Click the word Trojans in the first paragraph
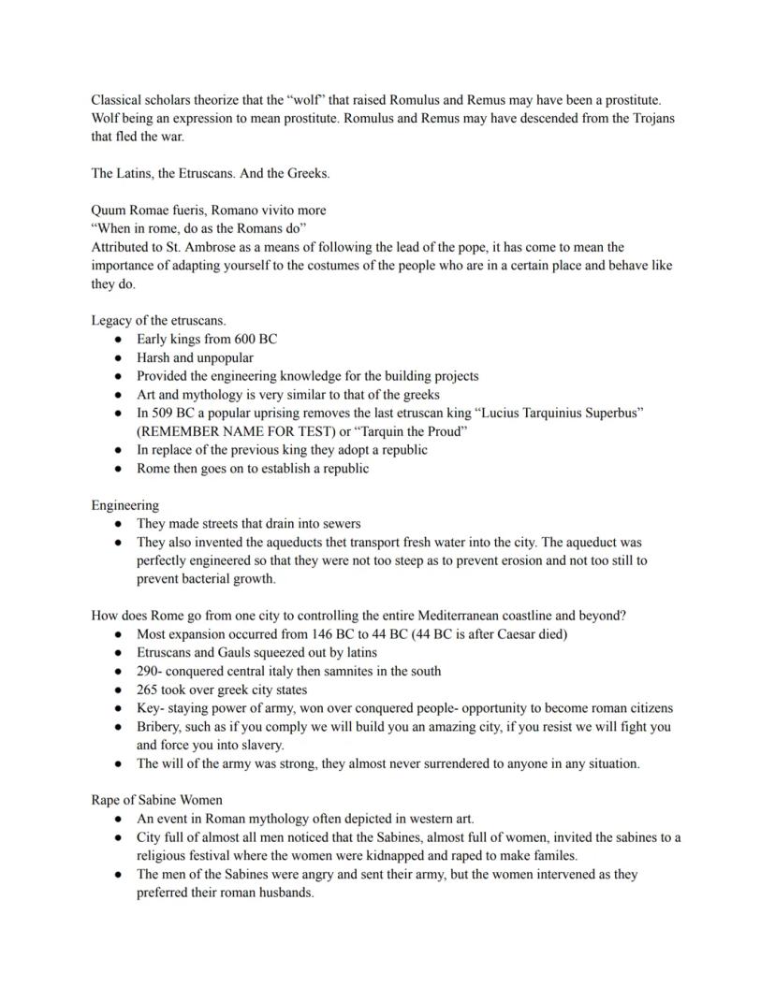[650, 119]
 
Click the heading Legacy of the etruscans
[158, 320]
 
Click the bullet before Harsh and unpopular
[118, 357]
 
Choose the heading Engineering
[124, 504]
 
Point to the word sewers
[339, 523]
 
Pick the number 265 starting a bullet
[148, 689]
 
